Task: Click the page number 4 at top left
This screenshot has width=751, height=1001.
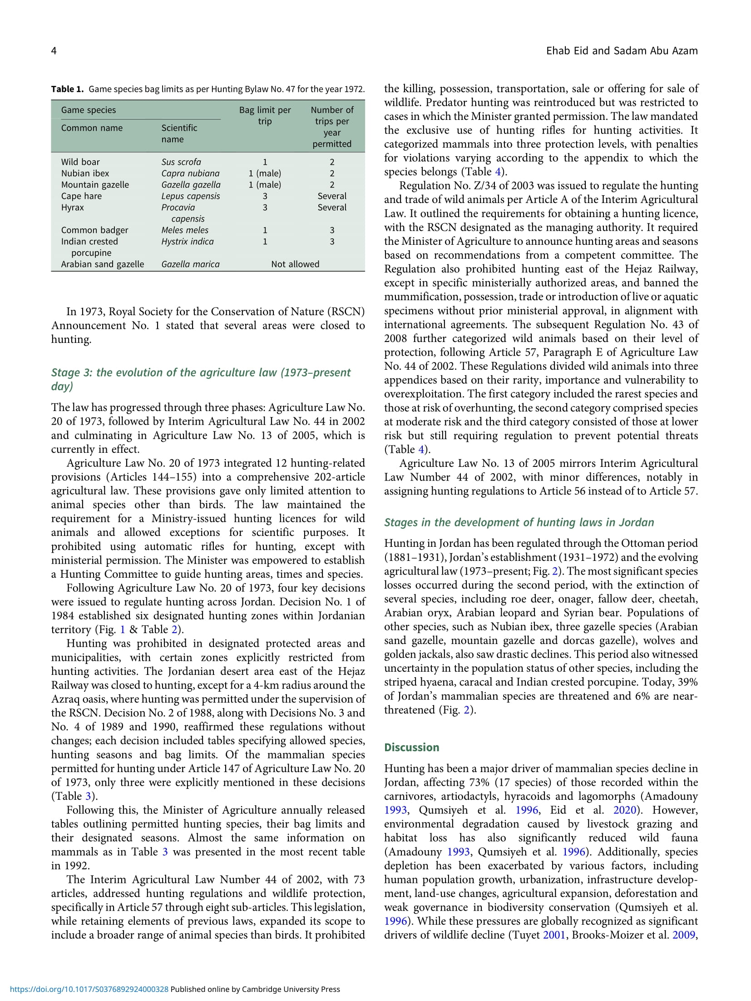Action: coord(54,51)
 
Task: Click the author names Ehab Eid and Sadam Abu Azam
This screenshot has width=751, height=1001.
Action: coord(622,51)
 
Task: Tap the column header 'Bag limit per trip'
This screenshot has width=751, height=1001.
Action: coord(265,115)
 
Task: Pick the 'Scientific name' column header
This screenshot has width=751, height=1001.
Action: coord(179,134)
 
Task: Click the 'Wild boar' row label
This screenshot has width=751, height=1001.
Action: coord(80,162)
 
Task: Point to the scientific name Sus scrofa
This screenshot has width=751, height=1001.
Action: coord(181,162)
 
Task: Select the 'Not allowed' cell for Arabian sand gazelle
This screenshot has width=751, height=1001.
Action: coord(295,264)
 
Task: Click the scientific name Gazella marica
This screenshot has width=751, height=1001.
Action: coord(190,264)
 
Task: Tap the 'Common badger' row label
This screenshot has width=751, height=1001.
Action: coord(94,230)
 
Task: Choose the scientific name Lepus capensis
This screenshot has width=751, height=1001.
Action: coord(191,196)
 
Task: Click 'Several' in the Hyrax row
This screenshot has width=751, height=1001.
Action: coord(332,208)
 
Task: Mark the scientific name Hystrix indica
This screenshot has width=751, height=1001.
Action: coord(188,242)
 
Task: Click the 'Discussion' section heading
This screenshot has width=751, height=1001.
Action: coord(411,748)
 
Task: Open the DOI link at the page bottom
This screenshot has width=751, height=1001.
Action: coord(89,989)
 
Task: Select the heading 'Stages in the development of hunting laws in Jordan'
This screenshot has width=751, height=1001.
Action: coord(519,522)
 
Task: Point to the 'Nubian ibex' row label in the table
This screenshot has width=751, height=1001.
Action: coord(85,173)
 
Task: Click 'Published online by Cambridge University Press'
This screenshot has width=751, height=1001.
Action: coord(255,989)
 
